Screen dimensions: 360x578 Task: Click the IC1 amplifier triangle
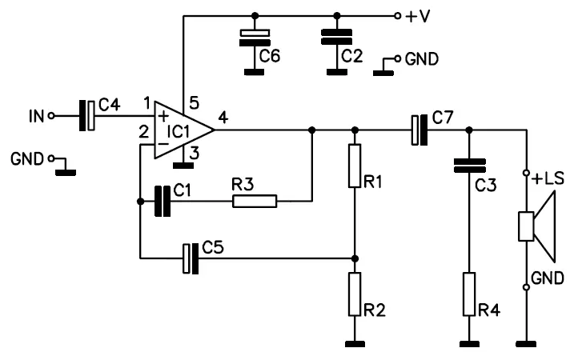click(x=179, y=130)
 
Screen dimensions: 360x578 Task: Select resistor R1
click(x=355, y=166)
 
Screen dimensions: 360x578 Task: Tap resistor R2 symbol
click(x=355, y=294)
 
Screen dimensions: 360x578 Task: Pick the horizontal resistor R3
click(x=255, y=201)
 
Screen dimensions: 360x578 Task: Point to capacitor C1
click(x=163, y=201)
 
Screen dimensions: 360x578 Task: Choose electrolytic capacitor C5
click(x=191, y=258)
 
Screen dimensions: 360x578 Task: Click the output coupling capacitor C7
click(x=419, y=130)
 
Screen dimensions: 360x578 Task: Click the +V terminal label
click(x=419, y=15)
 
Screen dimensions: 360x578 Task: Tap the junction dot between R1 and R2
click(x=355, y=258)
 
